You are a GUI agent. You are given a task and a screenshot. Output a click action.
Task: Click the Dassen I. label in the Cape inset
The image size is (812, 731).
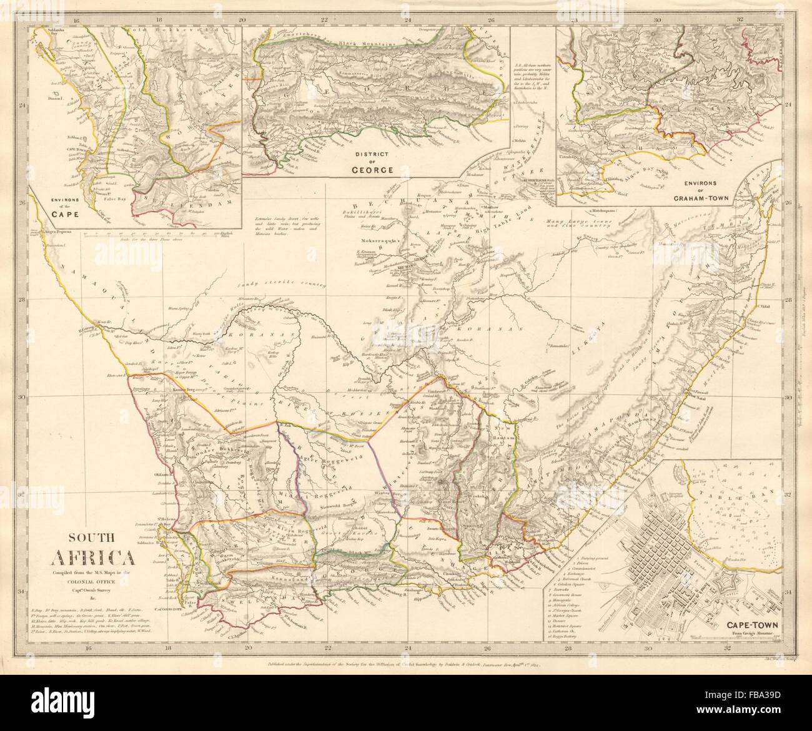pos(54,99)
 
